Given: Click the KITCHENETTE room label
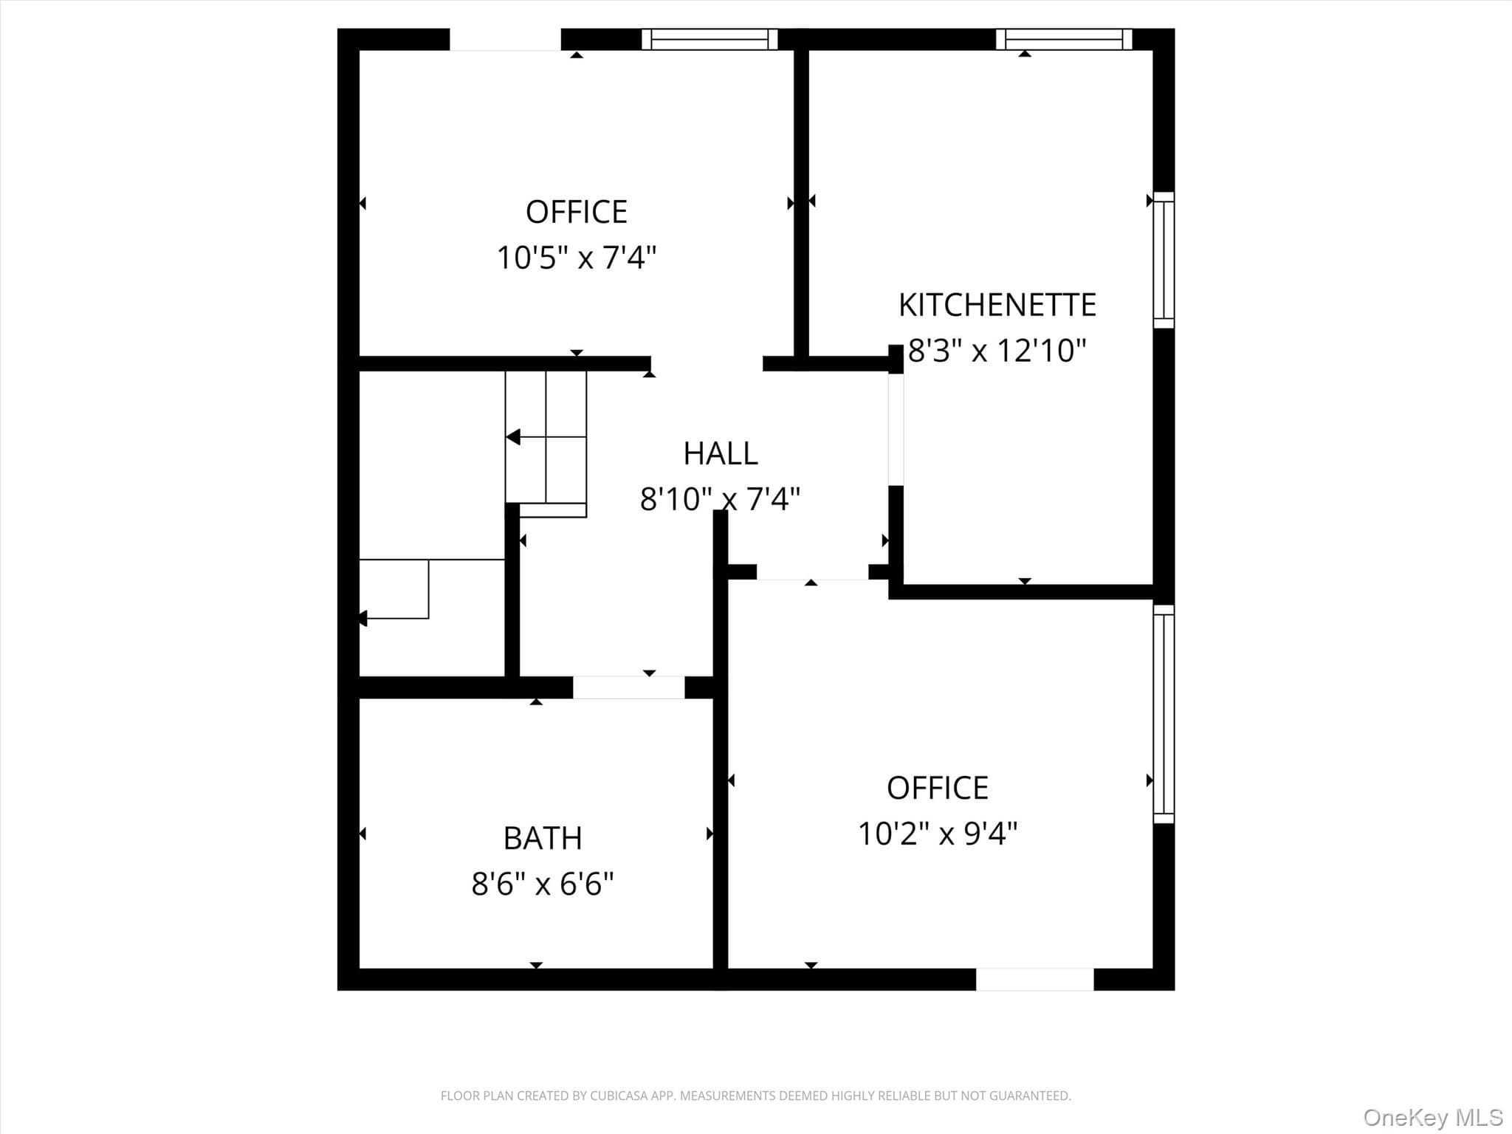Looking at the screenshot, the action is [x=997, y=305].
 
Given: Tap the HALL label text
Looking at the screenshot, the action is [x=721, y=453].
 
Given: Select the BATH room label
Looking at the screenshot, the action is [x=543, y=838].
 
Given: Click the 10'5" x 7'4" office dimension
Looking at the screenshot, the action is [x=576, y=258].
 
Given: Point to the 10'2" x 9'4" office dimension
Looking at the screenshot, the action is [x=938, y=834].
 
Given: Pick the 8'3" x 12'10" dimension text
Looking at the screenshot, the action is [x=997, y=351].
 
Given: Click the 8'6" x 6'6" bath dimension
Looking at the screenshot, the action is [x=543, y=883].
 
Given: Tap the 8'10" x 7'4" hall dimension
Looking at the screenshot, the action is [x=720, y=499].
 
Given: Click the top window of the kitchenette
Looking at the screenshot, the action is [x=1064, y=39].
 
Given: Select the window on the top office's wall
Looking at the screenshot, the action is [x=709, y=39].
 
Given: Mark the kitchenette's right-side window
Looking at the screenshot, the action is [x=1164, y=260].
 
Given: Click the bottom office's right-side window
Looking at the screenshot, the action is [x=1164, y=714].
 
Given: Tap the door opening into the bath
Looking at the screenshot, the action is [x=629, y=687].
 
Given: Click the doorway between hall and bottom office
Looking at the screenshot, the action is [x=812, y=572].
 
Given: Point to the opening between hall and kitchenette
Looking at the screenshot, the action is [x=896, y=430].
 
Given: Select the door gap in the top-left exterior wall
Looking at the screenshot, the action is [x=506, y=39].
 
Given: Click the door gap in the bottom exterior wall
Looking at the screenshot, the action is [x=1035, y=979].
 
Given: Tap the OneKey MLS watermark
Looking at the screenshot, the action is [x=1433, y=1117].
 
